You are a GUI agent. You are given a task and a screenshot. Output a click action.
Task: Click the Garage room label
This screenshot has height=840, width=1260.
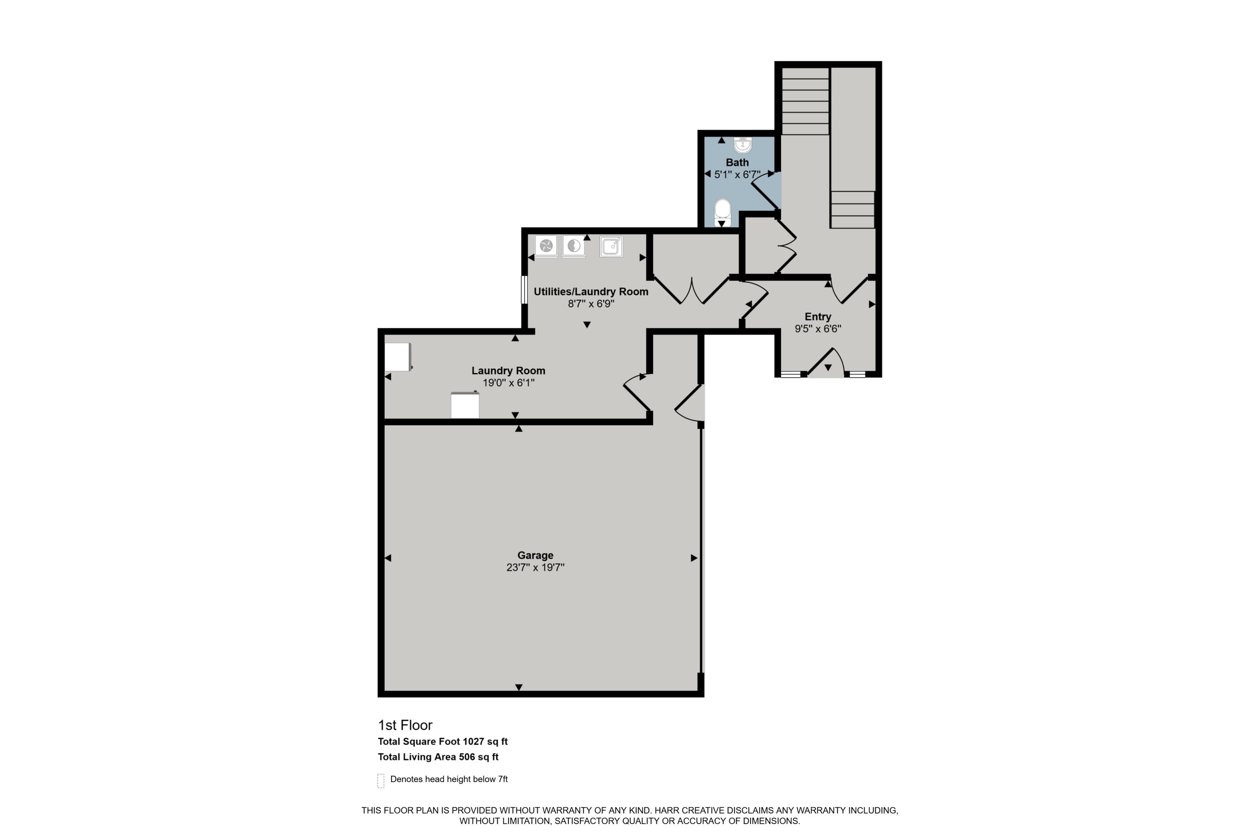pyautogui.click(x=535, y=555)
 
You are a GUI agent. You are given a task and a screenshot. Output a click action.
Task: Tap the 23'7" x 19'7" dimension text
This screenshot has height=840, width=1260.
pyautogui.click(x=535, y=567)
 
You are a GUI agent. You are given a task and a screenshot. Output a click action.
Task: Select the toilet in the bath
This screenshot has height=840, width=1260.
pyautogui.click(x=722, y=212)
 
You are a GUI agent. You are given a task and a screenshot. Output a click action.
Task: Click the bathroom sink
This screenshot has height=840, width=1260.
pyautogui.click(x=743, y=144)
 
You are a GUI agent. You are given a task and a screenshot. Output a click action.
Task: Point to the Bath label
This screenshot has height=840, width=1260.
pyautogui.click(x=737, y=162)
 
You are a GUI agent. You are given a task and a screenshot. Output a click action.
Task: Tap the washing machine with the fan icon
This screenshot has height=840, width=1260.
pyautogui.click(x=546, y=246)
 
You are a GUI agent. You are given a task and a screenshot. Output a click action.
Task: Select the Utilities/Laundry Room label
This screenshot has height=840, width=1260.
pyautogui.click(x=591, y=291)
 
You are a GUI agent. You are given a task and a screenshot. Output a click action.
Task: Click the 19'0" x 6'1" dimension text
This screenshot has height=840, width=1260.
pyautogui.click(x=508, y=383)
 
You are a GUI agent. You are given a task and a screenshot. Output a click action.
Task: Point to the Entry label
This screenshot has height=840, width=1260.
pyautogui.click(x=817, y=317)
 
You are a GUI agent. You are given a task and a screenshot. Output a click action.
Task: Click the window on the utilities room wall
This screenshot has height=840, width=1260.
pyautogui.click(x=525, y=290)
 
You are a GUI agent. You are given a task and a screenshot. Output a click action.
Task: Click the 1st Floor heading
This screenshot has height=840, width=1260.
pyautogui.click(x=405, y=725)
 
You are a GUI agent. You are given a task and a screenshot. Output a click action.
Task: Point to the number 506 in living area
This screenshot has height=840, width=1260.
pyautogui.click(x=466, y=757)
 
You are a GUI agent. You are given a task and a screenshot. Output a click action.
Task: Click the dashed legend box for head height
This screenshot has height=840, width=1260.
pyautogui.click(x=381, y=780)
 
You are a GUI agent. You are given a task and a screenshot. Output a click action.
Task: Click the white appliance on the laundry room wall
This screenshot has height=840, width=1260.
pyautogui.click(x=397, y=357)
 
